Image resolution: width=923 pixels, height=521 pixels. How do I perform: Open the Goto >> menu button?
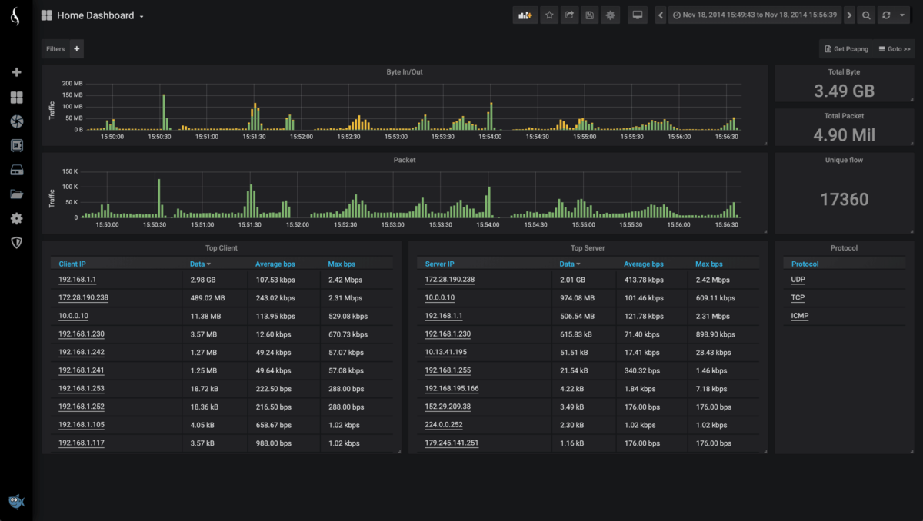click(895, 49)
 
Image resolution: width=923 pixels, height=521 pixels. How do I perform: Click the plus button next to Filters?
click(76, 49)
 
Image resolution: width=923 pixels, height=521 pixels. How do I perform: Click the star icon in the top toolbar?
click(548, 15)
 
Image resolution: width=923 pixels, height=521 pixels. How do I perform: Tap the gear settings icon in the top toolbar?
click(611, 15)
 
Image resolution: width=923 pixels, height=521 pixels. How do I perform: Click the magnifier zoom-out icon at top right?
click(866, 15)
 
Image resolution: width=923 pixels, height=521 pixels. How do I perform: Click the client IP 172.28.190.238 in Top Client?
click(83, 298)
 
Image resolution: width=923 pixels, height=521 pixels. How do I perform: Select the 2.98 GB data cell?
click(203, 280)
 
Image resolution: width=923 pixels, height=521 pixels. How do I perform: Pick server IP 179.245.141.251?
click(452, 443)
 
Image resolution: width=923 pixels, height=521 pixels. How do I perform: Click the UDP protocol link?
click(798, 280)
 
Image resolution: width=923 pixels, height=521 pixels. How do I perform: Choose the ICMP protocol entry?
click(800, 316)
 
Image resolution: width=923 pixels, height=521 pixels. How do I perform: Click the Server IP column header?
click(439, 264)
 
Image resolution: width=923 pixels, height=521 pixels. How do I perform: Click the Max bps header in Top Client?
click(342, 264)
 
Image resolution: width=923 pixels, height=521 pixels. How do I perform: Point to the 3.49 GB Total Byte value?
click(844, 91)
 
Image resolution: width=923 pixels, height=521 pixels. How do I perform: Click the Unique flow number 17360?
click(844, 200)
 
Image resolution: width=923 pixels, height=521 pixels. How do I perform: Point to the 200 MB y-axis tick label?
click(72, 83)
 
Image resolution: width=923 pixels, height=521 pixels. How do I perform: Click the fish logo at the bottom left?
click(16, 502)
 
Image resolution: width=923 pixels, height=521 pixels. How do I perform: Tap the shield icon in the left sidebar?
click(16, 243)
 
